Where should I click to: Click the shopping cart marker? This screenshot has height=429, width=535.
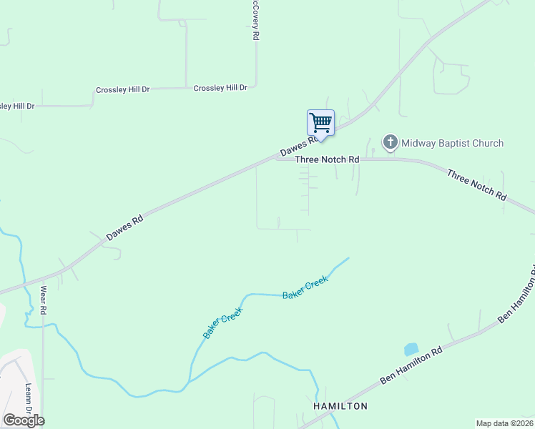tap(320, 122)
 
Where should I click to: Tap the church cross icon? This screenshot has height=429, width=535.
tap(391, 142)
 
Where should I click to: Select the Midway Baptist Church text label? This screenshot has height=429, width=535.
tap(452, 143)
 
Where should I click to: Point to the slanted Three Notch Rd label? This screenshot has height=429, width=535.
tap(476, 184)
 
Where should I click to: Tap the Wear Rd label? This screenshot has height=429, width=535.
tap(43, 300)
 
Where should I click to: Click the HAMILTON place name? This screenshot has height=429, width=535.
tap(340, 406)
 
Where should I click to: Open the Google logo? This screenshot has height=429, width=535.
tap(24, 420)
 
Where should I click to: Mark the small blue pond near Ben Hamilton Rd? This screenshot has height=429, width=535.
tap(411, 350)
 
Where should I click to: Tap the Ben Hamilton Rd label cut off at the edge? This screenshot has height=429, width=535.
tap(516, 294)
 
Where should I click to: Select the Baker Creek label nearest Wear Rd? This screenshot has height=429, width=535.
tap(222, 323)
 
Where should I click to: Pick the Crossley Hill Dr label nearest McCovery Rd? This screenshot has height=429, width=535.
tap(220, 87)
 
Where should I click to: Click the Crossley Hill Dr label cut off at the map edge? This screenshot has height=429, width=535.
tap(16, 106)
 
